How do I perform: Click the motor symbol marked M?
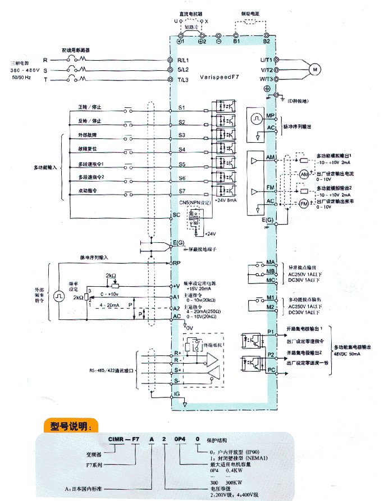coord(315,69)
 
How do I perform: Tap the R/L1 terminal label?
coord(184,60)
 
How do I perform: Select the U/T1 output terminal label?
coord(266,60)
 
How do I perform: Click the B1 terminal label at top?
coord(236,42)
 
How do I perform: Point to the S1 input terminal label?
coord(181,107)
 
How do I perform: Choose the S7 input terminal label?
coord(181,192)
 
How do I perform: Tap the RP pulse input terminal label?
coord(176,262)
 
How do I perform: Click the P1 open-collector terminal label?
coord(270,332)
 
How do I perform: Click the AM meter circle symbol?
coord(304,174)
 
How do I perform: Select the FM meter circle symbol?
coord(304,202)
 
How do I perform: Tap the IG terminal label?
coord(177,395)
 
